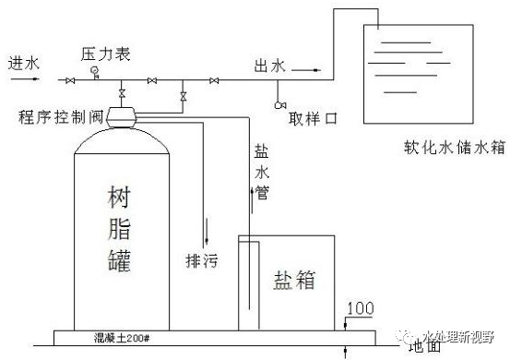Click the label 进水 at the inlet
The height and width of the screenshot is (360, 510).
(25, 64)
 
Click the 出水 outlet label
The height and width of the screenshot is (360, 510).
(272, 66)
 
